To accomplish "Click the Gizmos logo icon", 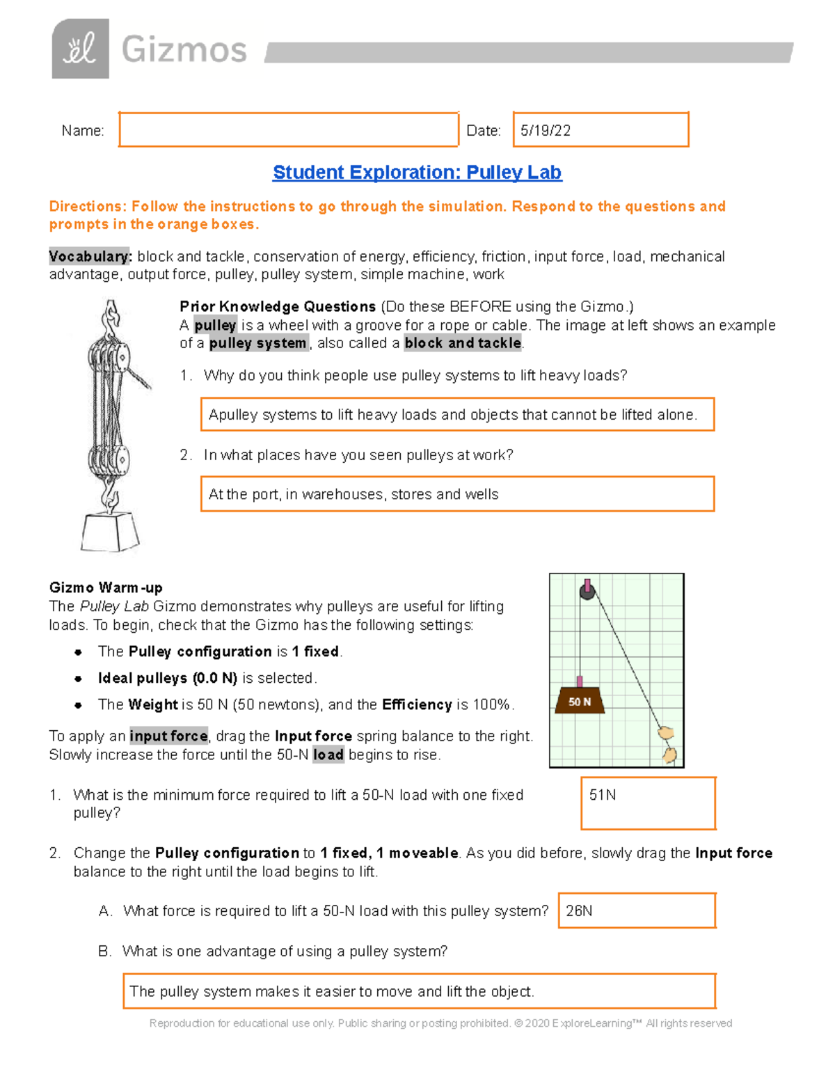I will point(80,49).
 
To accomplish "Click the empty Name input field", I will point(288,129).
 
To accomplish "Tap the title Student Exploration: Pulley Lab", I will point(417,172).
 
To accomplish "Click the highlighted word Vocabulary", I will point(90,256).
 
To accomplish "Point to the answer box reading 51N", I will point(648,803).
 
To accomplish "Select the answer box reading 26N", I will point(637,910).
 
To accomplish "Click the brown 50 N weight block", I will point(579,701).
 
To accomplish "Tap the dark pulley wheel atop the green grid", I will point(587,592).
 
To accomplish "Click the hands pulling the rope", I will point(668,745).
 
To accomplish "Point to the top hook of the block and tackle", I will point(110,317).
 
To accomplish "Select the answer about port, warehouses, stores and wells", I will point(457,494).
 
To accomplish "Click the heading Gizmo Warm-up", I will point(106,587).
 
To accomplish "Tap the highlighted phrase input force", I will point(168,736).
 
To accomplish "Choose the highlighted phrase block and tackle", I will point(463,343).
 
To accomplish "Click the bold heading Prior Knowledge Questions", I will point(278,306).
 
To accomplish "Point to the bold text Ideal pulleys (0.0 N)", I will point(168,678).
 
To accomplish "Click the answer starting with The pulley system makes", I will point(419,991).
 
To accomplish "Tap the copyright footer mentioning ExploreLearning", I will point(440,1023).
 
